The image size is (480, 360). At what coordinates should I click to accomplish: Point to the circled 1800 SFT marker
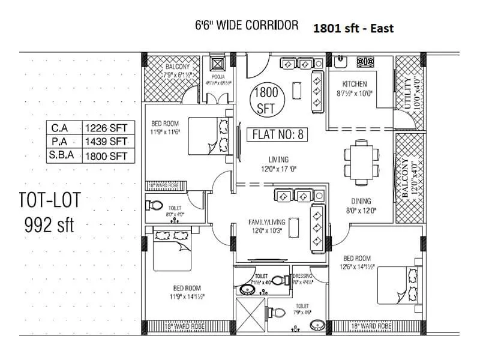(x=265, y=100)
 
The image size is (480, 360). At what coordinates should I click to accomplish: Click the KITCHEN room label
(x=354, y=83)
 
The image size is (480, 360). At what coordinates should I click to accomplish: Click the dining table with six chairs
(x=361, y=158)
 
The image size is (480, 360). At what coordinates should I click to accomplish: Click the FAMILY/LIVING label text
(x=262, y=221)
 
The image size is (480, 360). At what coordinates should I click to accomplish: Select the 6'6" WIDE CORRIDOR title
(x=247, y=25)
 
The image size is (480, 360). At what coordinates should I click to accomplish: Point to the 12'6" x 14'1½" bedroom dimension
(x=356, y=266)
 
